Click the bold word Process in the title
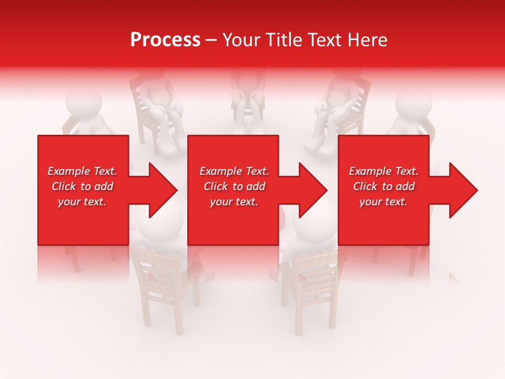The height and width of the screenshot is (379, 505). coord(165,40)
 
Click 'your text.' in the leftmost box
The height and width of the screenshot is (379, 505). coord(82,202)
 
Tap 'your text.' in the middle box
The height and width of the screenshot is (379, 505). coord(234,202)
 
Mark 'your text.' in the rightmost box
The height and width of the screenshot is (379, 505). coord(383,202)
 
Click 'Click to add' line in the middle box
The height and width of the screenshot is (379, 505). coord(234,186)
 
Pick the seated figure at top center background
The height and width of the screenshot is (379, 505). coord(248,95)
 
